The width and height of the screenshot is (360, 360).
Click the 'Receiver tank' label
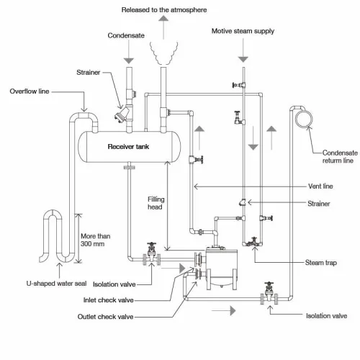click(128, 146)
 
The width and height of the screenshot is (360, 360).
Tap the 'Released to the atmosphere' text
click(164, 10)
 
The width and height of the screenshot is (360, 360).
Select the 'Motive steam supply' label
click(243, 31)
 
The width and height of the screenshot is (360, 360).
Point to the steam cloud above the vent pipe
click(164, 53)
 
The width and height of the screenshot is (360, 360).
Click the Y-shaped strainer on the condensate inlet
click(124, 114)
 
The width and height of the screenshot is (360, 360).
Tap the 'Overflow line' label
click(30, 91)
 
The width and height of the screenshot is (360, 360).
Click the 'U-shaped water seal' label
click(56, 284)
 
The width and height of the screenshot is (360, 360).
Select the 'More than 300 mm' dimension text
click(96, 240)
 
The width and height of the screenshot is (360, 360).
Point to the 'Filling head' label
click(156, 203)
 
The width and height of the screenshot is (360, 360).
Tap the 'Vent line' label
click(320, 186)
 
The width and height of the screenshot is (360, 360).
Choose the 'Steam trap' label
click(321, 263)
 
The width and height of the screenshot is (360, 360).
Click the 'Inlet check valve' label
click(109, 300)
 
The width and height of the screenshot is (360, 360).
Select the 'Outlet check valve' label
click(105, 317)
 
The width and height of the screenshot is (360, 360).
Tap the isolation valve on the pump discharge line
click(269, 294)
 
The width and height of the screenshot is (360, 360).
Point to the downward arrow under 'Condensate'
click(129, 52)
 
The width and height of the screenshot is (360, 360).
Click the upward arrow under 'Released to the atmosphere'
click(163, 27)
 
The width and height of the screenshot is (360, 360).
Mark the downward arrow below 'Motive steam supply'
click(243, 50)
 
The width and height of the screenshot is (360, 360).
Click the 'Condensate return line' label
click(340, 156)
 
